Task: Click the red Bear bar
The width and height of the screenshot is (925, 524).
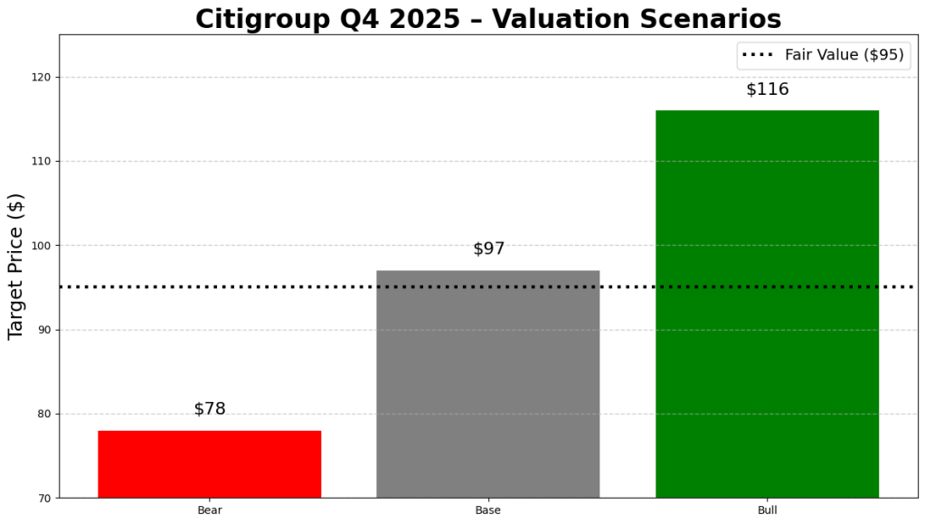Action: (209, 463)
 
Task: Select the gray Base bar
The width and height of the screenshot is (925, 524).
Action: (487, 383)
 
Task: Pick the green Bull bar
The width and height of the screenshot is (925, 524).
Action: (767, 304)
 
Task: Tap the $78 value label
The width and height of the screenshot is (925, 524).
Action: (209, 408)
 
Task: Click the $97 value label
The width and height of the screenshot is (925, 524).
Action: (488, 248)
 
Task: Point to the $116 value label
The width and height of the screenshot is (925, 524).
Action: (767, 89)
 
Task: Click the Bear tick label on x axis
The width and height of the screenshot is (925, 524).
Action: (209, 510)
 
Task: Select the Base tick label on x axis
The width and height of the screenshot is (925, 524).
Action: (487, 510)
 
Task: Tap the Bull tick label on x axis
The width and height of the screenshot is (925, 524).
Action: (767, 510)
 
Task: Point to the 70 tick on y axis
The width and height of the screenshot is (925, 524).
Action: (43, 498)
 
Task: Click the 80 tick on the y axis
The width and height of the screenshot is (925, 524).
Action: (43, 414)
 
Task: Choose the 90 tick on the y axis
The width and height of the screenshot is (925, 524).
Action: (43, 330)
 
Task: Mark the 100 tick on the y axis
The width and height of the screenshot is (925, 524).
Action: (41, 246)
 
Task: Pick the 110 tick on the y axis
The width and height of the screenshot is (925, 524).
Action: (41, 162)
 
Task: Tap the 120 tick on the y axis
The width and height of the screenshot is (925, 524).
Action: (41, 78)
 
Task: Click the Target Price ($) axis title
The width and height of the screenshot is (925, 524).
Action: (16, 267)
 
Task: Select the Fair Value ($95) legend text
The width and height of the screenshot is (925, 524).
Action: (844, 55)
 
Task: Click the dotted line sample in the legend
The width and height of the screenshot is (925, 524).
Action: (758, 55)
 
